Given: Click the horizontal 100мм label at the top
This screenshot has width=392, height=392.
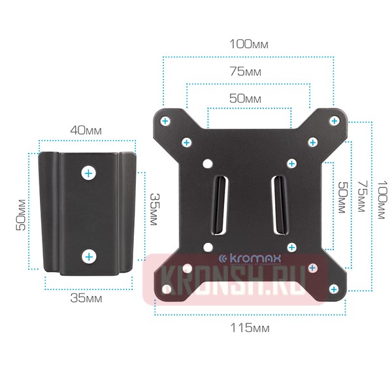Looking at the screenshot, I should point(248,45).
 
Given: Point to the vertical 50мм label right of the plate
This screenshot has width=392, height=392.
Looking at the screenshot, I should point(340,199).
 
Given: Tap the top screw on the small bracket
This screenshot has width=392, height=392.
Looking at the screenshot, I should point(88,173).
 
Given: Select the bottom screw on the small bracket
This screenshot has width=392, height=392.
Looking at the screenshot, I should point(88,256).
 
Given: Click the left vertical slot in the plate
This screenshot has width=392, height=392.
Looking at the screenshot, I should point(220,204).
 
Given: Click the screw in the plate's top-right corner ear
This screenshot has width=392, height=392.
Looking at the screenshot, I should point(335,121).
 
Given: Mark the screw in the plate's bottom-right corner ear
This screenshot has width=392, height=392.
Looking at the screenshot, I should point(335,289).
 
